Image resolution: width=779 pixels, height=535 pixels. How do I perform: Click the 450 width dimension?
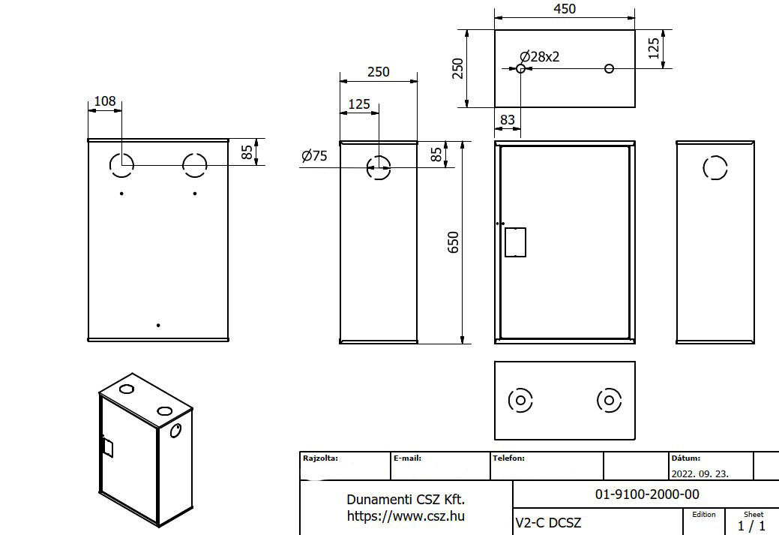[565, 9]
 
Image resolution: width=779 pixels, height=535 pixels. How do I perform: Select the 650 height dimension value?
[454, 242]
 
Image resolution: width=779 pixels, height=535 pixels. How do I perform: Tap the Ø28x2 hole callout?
[540, 57]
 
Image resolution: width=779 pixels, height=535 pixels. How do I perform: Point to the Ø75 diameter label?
[314, 155]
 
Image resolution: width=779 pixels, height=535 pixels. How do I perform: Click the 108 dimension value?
[105, 101]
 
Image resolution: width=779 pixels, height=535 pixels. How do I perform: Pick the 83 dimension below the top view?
[508, 120]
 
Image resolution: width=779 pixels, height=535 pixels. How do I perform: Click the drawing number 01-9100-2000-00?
[647, 494]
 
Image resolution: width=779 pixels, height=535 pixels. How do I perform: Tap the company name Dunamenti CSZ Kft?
[406, 499]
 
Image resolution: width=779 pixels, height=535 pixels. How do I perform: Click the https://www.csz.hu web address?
[406, 516]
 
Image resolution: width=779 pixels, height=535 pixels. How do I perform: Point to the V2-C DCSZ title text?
[548, 522]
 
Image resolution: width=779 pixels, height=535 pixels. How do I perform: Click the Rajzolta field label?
[320, 458]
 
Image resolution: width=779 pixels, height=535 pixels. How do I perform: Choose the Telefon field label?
[508, 458]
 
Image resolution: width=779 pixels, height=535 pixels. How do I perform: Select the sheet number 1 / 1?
[751, 525]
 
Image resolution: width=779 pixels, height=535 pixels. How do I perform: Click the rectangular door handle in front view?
[515, 242]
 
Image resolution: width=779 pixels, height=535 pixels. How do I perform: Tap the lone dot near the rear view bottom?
[158, 325]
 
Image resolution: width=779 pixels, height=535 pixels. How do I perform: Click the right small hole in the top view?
[609, 68]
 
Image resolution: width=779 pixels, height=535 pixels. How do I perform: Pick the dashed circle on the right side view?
[715, 167]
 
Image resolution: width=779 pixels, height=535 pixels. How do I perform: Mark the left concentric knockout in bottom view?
[520, 400]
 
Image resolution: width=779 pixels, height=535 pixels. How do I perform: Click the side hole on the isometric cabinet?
[175, 431]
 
